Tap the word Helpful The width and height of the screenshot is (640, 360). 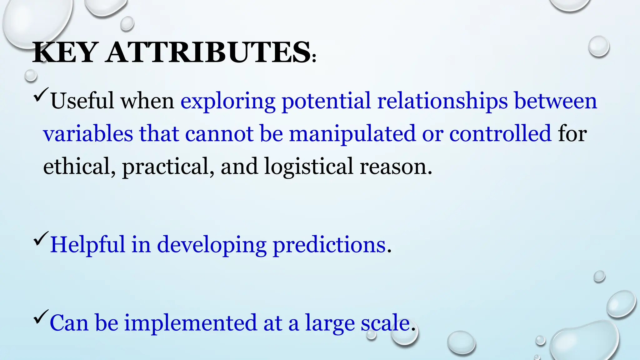click(x=87, y=244)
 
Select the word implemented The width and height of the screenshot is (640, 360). click(x=190, y=323)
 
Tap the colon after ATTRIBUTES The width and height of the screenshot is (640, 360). click(x=314, y=58)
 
